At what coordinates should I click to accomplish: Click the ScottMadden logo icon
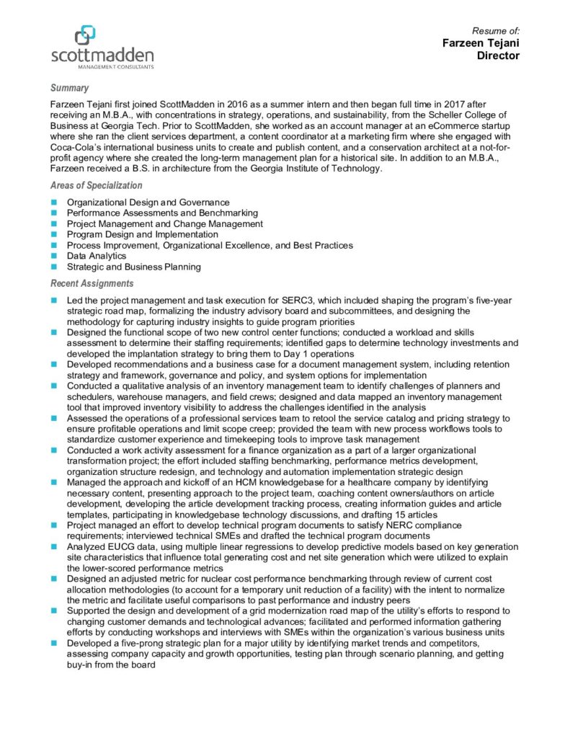point(86,33)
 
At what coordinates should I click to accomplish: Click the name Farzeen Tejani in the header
point(481,43)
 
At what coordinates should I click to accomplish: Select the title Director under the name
point(498,55)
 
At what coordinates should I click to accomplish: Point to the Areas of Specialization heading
point(96,185)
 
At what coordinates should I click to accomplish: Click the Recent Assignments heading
point(92,283)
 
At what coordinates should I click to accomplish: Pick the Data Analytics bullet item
point(97,256)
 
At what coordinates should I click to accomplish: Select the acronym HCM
point(233,482)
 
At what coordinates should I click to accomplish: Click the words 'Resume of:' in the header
point(496,30)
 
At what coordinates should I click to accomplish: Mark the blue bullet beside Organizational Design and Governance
point(54,203)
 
